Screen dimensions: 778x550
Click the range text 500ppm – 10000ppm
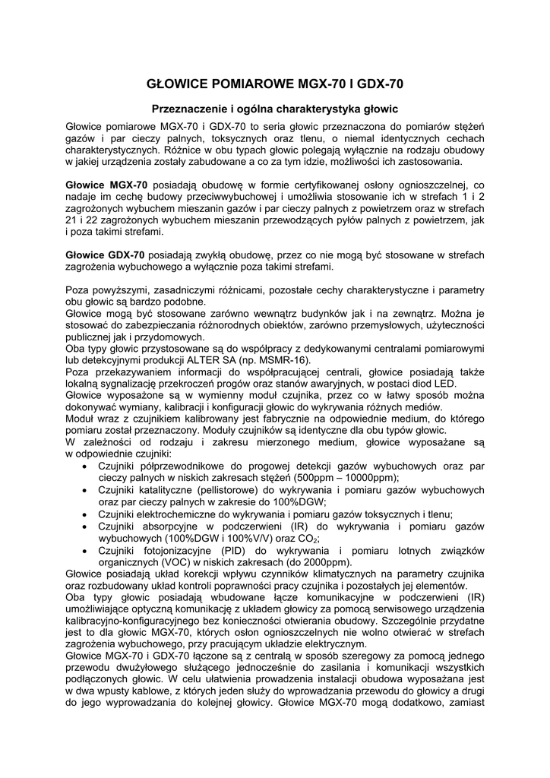[x=334, y=477]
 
